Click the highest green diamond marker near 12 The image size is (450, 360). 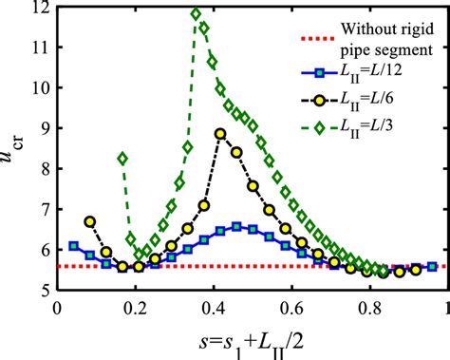click(x=197, y=14)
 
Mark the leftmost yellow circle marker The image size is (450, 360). click(x=90, y=221)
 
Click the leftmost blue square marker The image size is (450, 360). click(x=74, y=246)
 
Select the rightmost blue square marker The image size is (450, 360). click(x=433, y=267)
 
